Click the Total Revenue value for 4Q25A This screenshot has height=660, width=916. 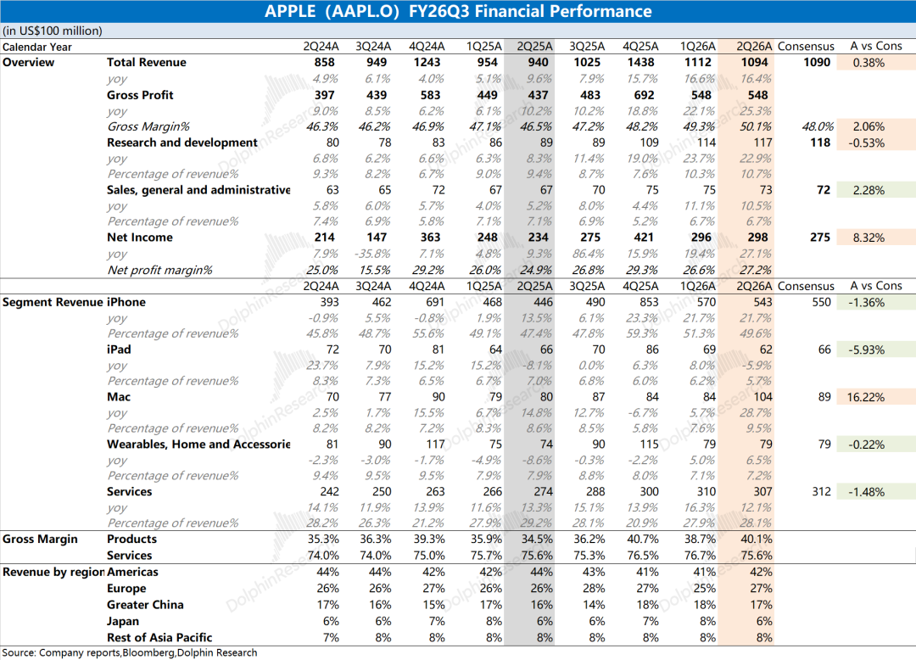[x=644, y=63]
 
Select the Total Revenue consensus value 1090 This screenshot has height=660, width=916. [x=817, y=63]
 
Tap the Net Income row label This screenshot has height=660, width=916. [x=140, y=238]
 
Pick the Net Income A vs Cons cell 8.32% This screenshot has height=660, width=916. [x=869, y=238]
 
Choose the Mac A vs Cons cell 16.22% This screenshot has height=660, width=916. [x=866, y=397]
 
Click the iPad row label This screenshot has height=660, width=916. [x=119, y=350]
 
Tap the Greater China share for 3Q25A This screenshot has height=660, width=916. [x=594, y=605]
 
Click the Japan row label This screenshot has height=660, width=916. [x=123, y=621]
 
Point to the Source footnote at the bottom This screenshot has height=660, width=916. [x=130, y=652]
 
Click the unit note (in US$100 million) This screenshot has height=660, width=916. [x=53, y=31]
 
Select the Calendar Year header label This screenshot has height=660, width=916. [x=36, y=47]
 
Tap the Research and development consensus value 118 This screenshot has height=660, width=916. [x=820, y=143]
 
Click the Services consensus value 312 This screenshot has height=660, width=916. [x=821, y=492]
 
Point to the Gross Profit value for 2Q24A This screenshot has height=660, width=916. [x=324, y=95]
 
